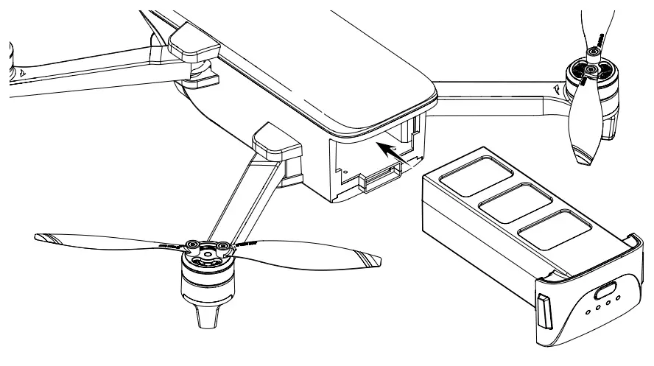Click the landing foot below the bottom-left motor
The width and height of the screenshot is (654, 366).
click(206, 317)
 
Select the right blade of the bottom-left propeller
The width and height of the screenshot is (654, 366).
click(309, 253)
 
